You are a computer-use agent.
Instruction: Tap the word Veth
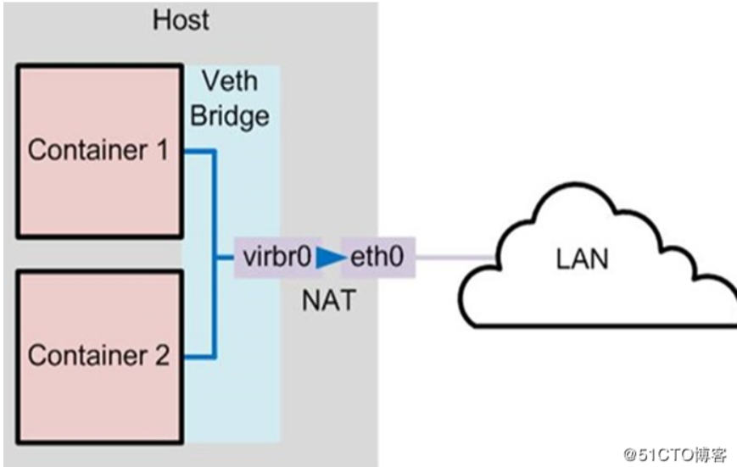[x=229, y=83]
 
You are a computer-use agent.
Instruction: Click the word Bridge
[x=230, y=114]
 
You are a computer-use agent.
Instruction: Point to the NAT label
[x=327, y=300]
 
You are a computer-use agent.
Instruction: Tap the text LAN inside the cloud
[x=582, y=259]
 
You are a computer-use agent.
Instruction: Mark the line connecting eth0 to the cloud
[x=455, y=257]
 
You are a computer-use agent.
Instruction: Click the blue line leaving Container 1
[x=200, y=153]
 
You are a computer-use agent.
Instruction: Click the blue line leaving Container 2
[x=200, y=356]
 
